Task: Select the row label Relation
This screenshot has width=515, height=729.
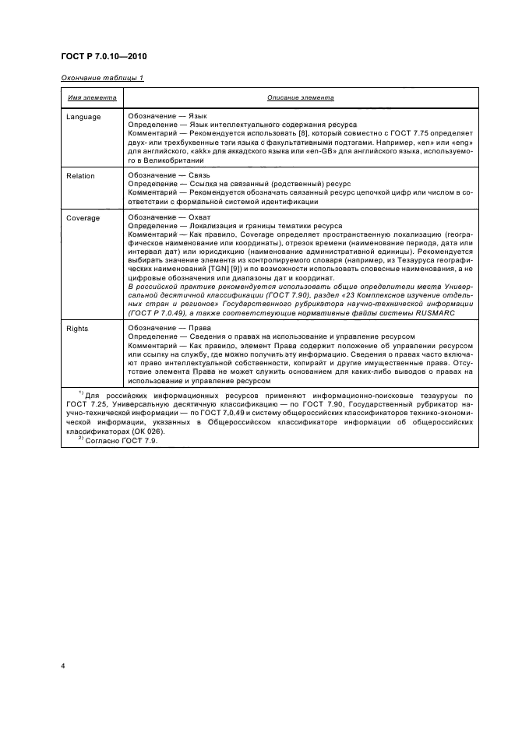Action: click(x=80, y=176)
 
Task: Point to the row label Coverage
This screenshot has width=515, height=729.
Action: click(x=83, y=219)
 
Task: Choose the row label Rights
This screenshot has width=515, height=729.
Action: click(x=77, y=329)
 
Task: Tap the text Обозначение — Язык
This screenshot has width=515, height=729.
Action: click(x=156, y=116)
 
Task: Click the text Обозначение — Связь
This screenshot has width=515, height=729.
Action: click(x=157, y=175)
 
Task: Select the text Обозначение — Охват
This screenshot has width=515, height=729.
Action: click(x=157, y=218)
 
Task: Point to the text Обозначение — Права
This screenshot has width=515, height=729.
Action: click(x=158, y=328)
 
